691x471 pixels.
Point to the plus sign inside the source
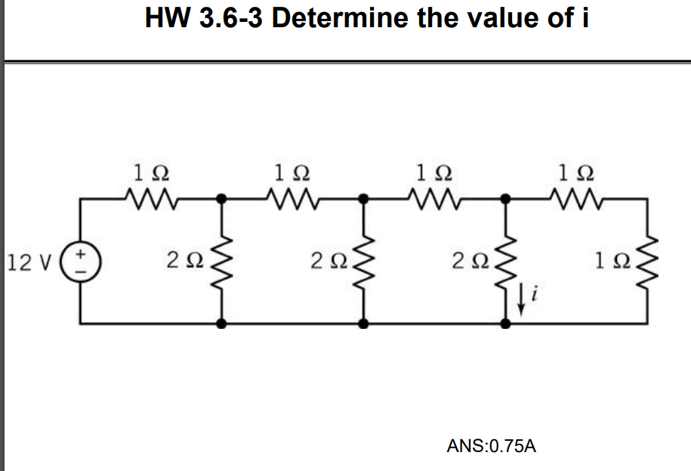[x=81, y=254]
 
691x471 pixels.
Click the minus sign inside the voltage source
[x=81, y=271]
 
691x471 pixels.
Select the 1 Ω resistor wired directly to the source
[x=151, y=199]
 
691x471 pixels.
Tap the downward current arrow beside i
[x=521, y=300]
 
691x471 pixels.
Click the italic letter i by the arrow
[x=535, y=293]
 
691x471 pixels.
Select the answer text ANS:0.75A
[x=492, y=446]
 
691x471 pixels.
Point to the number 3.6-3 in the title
[x=231, y=18]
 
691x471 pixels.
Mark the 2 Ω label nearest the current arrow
[x=470, y=261]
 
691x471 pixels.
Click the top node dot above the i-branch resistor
[x=506, y=199]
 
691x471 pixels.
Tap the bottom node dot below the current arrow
[x=506, y=324]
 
